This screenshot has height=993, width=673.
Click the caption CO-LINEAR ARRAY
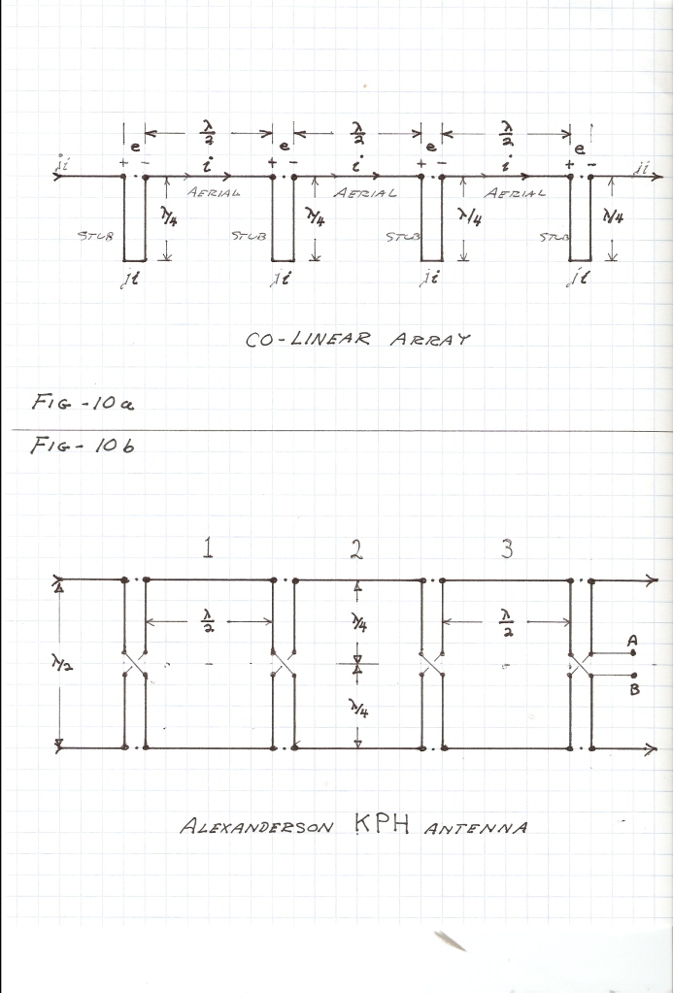click(358, 339)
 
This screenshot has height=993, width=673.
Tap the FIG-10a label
click(83, 402)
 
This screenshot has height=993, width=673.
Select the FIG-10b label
click(83, 446)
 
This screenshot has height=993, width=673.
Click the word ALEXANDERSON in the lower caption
click(256, 826)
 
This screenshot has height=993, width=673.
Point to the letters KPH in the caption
click(382, 824)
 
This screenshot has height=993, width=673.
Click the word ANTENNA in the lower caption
click(475, 828)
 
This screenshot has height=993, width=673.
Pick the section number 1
click(207, 547)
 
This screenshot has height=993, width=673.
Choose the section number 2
click(356, 548)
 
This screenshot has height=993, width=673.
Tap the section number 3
click(507, 548)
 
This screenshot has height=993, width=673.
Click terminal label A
click(632, 641)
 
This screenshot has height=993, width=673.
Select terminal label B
click(634, 689)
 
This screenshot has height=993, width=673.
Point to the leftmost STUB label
click(96, 236)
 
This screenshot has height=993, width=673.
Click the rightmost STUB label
click(554, 238)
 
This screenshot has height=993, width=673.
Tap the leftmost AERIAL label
click(214, 192)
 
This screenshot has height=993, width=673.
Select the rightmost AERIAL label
click(514, 192)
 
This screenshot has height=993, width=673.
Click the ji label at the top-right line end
click(641, 168)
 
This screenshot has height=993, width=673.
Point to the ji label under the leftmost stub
click(129, 279)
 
